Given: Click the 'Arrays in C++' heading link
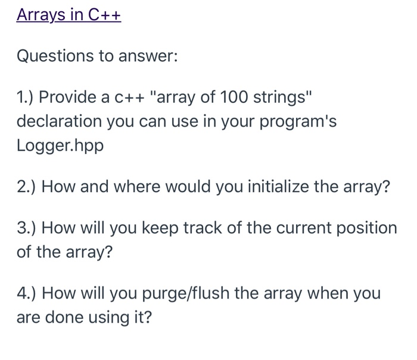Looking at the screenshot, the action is point(69,15).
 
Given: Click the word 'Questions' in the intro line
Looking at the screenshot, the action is point(55,56).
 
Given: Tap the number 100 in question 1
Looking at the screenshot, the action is point(234,97).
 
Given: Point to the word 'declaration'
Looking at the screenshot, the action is point(59,121).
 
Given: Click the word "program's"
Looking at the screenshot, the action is point(298,122).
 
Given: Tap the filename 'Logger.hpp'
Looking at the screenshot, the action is point(60,146).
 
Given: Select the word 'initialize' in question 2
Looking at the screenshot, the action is point(278,186).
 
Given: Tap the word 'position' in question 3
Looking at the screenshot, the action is point(367,228).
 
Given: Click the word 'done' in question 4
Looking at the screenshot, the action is point(64,318).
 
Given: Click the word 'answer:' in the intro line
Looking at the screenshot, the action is point(148,57).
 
